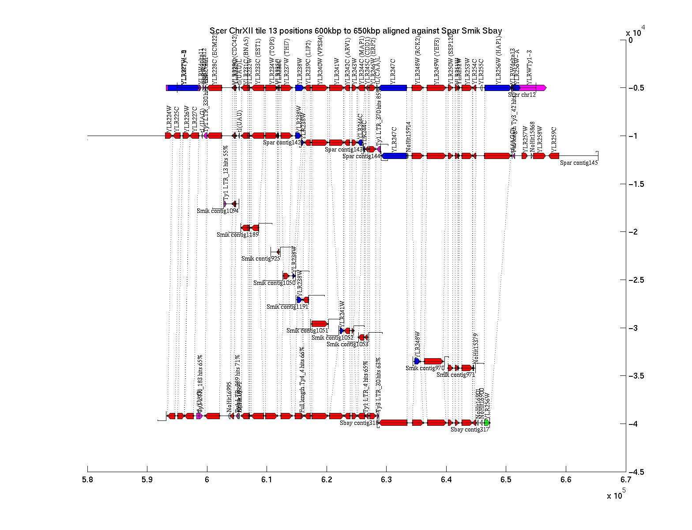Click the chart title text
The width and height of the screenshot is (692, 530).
click(x=355, y=30)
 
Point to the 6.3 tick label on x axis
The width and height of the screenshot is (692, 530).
click(x=386, y=480)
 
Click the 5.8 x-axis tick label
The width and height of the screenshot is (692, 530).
click(x=87, y=480)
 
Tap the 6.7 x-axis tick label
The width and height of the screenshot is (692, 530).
click(x=625, y=480)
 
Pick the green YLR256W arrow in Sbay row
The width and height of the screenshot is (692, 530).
click(x=487, y=423)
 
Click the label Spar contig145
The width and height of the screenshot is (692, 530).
click(x=579, y=163)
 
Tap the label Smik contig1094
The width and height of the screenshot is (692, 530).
click(x=218, y=211)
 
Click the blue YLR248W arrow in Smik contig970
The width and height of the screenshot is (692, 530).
click(x=417, y=361)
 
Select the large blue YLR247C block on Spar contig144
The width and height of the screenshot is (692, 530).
click(x=395, y=156)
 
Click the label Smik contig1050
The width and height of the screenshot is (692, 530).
click(x=274, y=283)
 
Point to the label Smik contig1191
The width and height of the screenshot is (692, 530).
click(x=287, y=307)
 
